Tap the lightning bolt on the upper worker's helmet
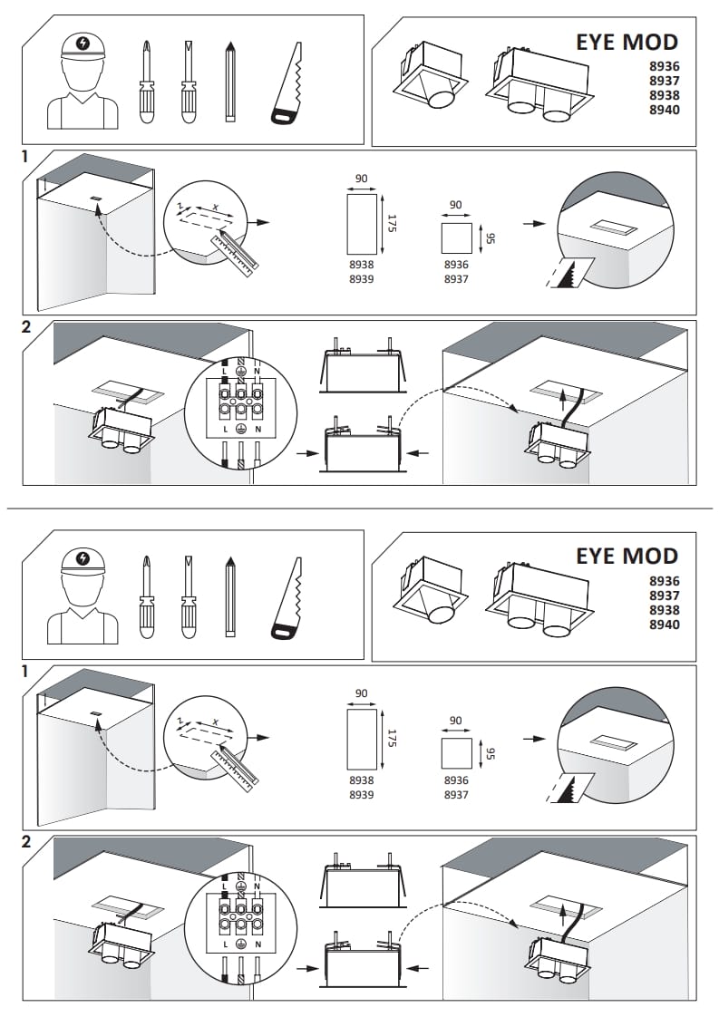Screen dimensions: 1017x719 click(x=84, y=43)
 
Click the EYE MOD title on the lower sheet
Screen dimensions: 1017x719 click(x=627, y=556)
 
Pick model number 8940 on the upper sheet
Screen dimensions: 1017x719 click(x=664, y=110)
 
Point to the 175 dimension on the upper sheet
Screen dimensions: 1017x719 click(x=391, y=221)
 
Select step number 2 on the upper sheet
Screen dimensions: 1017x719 click(x=26, y=327)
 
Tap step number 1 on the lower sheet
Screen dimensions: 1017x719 click(x=26, y=672)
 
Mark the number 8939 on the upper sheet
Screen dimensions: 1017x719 click(x=362, y=279)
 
